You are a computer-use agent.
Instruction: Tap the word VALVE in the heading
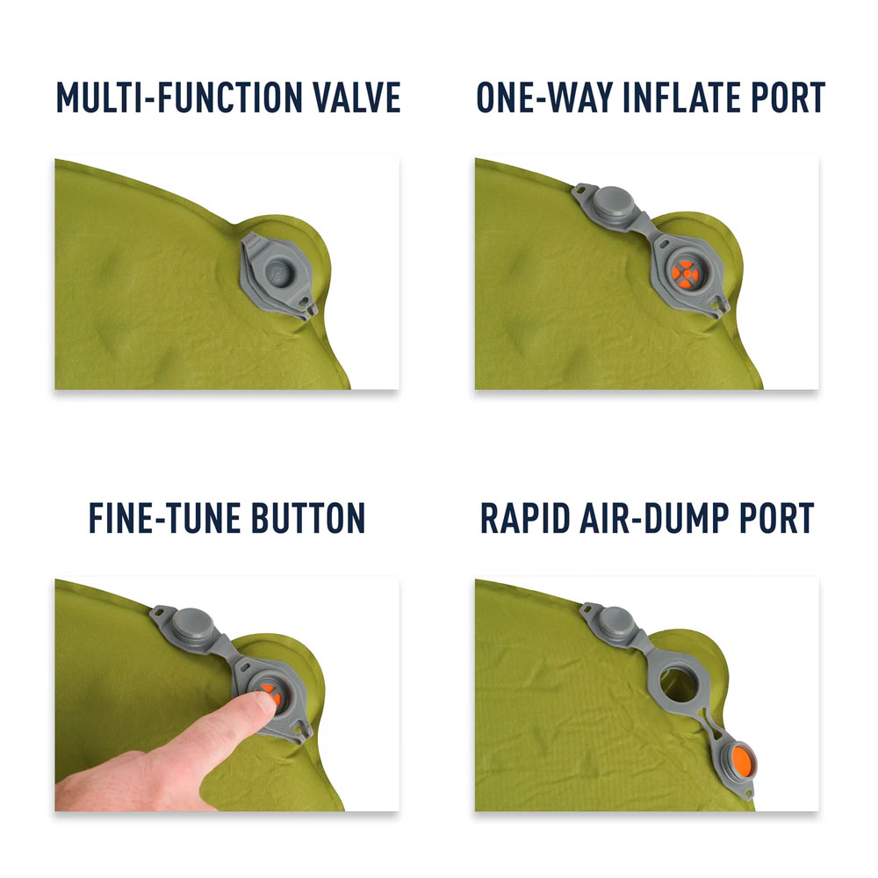coord(356,97)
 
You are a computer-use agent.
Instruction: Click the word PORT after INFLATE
coord(788,97)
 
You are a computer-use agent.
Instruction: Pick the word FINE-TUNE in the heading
coord(165,518)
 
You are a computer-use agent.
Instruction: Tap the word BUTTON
coord(308,518)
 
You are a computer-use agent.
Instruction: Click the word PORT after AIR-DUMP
coord(777,518)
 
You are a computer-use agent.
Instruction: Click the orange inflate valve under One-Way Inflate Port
coord(685,274)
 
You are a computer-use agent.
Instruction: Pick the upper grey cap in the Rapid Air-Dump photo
coord(616,623)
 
